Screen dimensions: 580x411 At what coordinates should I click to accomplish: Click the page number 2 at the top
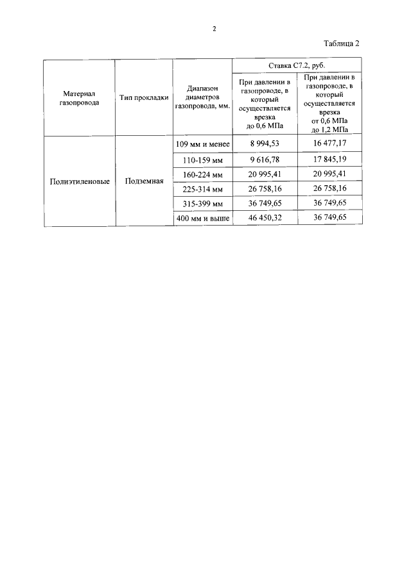tap(214, 29)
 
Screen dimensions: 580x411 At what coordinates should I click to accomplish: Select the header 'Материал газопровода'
tap(80, 97)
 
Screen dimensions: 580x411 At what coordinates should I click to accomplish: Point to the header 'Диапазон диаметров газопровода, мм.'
tap(202, 97)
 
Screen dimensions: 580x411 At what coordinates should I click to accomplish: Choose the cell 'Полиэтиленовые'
tap(80, 181)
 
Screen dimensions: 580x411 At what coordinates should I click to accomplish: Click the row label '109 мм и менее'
tap(202, 144)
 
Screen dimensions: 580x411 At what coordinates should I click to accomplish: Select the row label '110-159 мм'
tap(202, 159)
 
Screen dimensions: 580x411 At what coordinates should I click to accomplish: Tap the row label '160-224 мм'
tap(202, 174)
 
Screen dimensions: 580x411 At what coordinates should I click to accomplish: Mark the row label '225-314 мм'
tap(202, 189)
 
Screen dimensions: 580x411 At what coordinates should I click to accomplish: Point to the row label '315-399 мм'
tap(202, 204)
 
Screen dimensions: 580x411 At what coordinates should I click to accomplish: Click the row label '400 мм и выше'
tap(202, 219)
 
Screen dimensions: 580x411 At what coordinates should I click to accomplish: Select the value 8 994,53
tap(265, 144)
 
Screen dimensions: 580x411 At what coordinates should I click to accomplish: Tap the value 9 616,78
tap(265, 159)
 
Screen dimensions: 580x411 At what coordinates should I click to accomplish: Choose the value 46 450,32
tap(265, 219)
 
